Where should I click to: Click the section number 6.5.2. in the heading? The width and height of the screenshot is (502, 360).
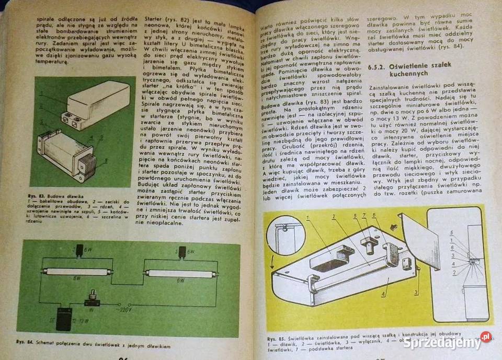click(x=379, y=66)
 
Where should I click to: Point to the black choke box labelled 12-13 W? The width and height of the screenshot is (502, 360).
click(x=64, y=317)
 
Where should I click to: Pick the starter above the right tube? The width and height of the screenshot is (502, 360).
click(x=182, y=252)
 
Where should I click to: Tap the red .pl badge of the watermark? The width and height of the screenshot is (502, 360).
click(x=486, y=336)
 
